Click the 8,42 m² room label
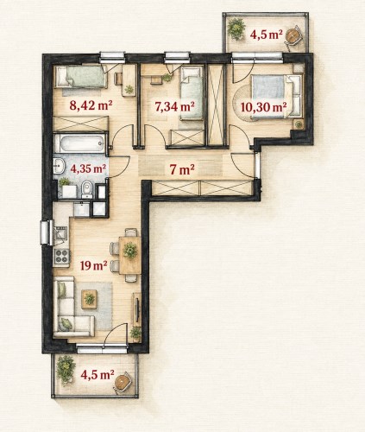(91, 105)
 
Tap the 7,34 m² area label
(174, 106)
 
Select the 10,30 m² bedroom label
(263, 107)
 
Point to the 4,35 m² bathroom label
(88, 168)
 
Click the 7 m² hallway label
(182, 169)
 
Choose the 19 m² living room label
(94, 265)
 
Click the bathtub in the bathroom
(79, 143)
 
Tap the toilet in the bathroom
(86, 189)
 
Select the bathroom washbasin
(59, 166)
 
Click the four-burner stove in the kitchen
(62, 256)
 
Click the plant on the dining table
(130, 250)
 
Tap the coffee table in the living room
(89, 299)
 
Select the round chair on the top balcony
(293, 35)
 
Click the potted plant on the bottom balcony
(66, 370)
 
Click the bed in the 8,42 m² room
(81, 77)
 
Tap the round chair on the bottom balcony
(123, 382)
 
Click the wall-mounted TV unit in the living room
(136, 309)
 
